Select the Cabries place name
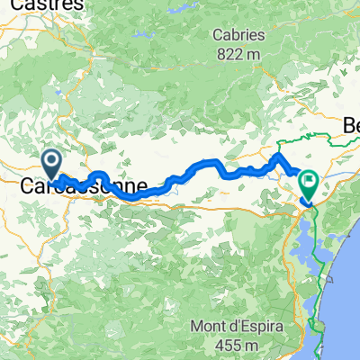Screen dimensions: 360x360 (238, 35)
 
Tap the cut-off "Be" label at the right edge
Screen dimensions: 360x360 (351, 129)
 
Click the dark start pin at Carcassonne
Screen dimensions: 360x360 (52, 165)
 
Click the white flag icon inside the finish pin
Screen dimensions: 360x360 (309, 179)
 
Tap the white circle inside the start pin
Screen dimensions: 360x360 (52, 161)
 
